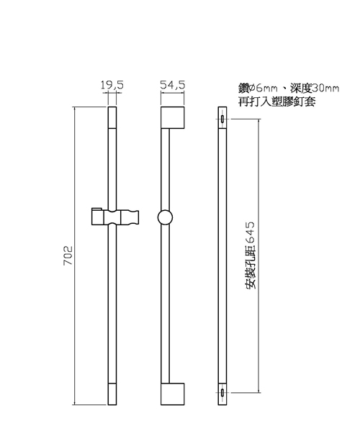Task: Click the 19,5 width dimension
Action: tap(112, 85)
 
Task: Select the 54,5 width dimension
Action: tap(173, 85)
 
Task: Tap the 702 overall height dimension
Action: tap(68, 255)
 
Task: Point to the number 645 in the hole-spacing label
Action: tap(251, 232)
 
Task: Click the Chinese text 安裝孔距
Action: tap(251, 267)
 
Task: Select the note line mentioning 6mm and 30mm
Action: tap(289, 89)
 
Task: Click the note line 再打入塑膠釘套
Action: tap(276, 102)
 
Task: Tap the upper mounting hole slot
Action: tap(222, 119)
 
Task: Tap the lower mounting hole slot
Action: tap(222, 393)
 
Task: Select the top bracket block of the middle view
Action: tap(172, 117)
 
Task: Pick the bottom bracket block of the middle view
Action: tap(172, 394)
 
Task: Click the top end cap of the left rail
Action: tap(112, 117)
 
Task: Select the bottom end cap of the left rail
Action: tap(112, 394)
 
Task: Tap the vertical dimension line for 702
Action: tap(75, 255)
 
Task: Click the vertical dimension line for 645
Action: tap(258, 255)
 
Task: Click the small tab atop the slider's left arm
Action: tap(96, 209)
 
